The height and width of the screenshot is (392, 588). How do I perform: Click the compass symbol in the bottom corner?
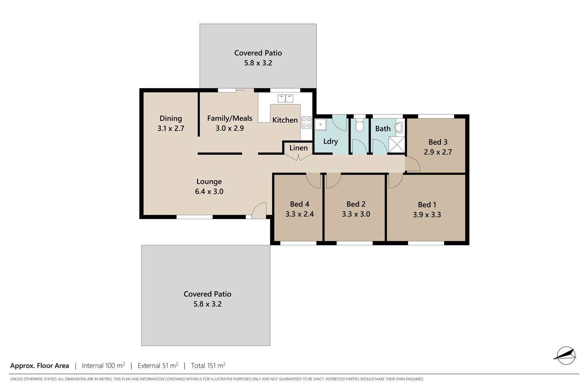pyautogui.click(x=566, y=356)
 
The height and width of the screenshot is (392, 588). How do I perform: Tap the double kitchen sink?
pyautogui.click(x=285, y=98)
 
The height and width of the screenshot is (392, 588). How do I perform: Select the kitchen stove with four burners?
pyautogui.click(x=306, y=122)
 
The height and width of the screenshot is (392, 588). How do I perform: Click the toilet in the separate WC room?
pyautogui.click(x=359, y=125)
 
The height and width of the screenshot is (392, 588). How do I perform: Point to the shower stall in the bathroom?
pyautogui.click(x=397, y=144)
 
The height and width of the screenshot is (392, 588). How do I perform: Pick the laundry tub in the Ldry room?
pyautogui.click(x=321, y=124)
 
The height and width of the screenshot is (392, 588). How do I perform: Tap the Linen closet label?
pyautogui.click(x=298, y=148)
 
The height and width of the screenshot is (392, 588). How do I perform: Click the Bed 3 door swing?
pyautogui.click(x=413, y=164)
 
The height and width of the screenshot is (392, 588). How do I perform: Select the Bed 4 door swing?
pyautogui.click(x=314, y=181)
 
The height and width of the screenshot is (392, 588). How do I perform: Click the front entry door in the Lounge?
pyautogui.click(x=259, y=211)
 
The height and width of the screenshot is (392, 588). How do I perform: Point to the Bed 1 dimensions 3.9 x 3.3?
pyautogui.click(x=427, y=215)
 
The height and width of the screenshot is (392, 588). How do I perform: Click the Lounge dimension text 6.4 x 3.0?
pyautogui.click(x=209, y=191)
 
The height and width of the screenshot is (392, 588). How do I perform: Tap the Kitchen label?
pyautogui.click(x=285, y=120)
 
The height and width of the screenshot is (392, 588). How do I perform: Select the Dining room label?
pyautogui.click(x=171, y=118)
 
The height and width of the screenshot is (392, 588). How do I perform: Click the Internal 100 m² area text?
pyautogui.click(x=103, y=365)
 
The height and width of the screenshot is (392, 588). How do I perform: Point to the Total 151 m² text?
pyautogui.click(x=208, y=365)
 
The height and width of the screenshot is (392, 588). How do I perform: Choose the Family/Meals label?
pyautogui.click(x=230, y=118)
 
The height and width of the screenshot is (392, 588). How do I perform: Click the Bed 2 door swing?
pyautogui.click(x=333, y=181)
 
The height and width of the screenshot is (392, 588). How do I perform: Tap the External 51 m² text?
pyautogui.click(x=158, y=365)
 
